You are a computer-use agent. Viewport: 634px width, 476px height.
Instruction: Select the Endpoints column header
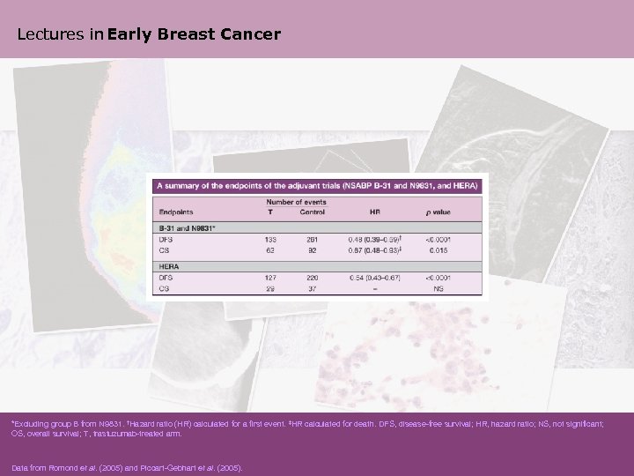(178, 212)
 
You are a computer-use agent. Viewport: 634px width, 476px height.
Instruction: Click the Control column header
(312, 212)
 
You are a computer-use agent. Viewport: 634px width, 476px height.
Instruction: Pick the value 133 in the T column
(270, 238)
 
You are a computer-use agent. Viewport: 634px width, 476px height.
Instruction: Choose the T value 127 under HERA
(270, 277)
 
